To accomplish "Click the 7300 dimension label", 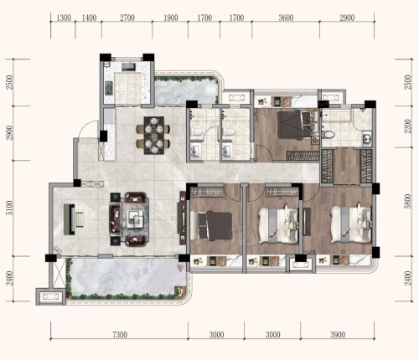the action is [x=120, y=335].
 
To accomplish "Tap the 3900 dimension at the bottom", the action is [x=338, y=335].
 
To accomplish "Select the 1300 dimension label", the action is [x=64, y=18].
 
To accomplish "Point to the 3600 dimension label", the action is [x=286, y=18].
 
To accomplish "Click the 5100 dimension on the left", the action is [x=10, y=208].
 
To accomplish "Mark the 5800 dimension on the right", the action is [x=408, y=201].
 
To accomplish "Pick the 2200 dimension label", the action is [x=408, y=126].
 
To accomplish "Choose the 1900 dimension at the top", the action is [x=171, y=18].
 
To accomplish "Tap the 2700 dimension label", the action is [x=127, y=18].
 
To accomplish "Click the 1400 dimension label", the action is [x=89, y=18].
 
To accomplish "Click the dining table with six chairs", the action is [x=153, y=136].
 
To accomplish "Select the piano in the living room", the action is [x=73, y=219].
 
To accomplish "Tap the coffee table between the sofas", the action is [x=136, y=219].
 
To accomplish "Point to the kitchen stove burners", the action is [x=108, y=87].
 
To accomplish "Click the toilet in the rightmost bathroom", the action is [x=328, y=135].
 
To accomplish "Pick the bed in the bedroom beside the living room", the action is [x=211, y=226].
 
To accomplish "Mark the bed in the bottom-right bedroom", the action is [x=351, y=224].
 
